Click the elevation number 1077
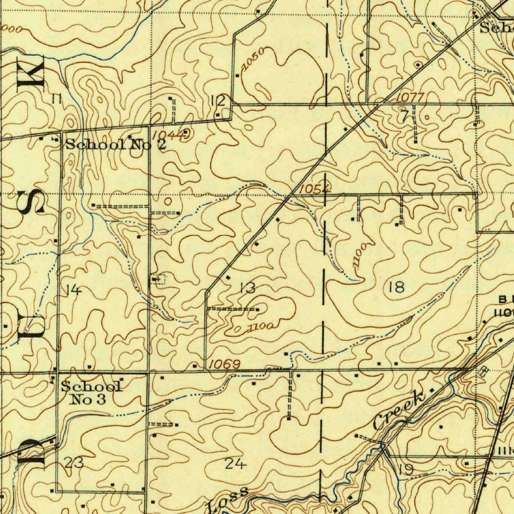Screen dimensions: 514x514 point(410,97)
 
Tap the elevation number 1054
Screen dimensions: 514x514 point(314,189)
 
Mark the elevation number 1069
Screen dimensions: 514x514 point(224,364)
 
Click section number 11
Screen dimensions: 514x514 point(56,99)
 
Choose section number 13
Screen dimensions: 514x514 point(247,288)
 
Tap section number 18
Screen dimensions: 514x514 point(396,288)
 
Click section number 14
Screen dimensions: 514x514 point(73,290)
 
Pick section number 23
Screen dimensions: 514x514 point(74,463)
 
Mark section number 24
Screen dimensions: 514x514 point(235,464)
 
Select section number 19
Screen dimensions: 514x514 point(406,470)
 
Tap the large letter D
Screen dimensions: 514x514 point(31,453)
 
